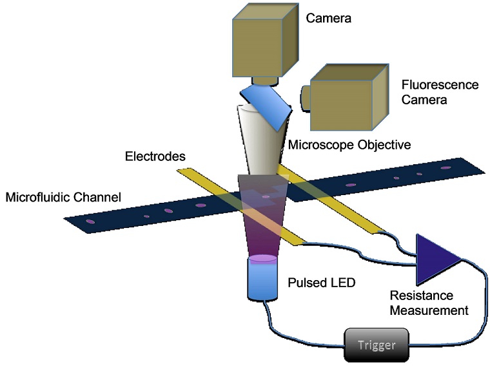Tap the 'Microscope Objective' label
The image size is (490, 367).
[x=350, y=145]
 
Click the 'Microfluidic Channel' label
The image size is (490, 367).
[x=63, y=196]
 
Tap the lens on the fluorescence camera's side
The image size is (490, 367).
[x=304, y=97]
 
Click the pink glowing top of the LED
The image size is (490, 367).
[x=262, y=259]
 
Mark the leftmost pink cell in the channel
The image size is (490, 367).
[x=91, y=222]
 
